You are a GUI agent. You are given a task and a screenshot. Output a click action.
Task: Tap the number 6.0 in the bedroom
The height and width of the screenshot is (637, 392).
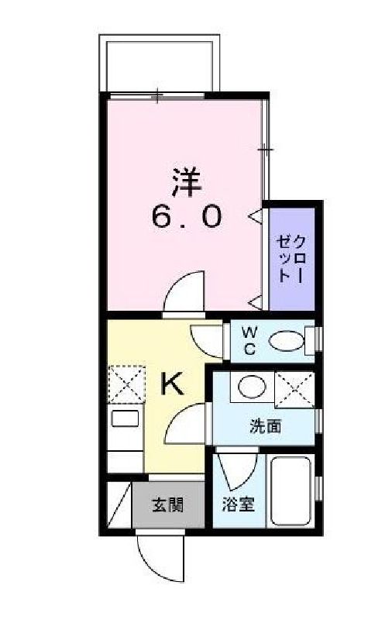[x=187, y=216]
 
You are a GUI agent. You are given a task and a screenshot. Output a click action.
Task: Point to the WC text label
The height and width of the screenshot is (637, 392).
[x=249, y=339]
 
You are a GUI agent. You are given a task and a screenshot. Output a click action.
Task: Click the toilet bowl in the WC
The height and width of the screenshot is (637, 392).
[x=287, y=340]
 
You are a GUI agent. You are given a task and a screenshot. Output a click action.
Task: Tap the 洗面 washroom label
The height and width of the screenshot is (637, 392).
[x=264, y=425]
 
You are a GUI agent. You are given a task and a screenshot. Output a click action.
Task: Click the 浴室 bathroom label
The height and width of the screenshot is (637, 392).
[x=233, y=504]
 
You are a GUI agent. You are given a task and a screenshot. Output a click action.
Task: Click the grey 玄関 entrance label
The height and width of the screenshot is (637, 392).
[x=167, y=505]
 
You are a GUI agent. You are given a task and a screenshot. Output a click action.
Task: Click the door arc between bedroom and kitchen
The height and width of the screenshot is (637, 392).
[x=186, y=292]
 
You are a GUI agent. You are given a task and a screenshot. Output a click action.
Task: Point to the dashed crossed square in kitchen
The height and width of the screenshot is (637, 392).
[x=122, y=383]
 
